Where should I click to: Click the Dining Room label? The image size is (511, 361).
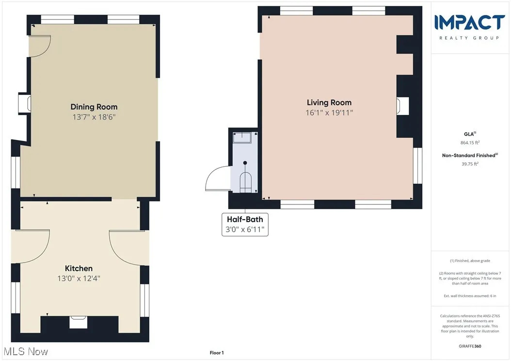[94, 107]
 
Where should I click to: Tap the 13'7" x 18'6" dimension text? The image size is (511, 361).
[94, 117]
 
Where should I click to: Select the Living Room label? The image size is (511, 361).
[329, 102]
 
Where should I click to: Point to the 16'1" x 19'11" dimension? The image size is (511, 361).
[329, 112]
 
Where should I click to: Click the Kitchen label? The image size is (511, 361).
[79, 268]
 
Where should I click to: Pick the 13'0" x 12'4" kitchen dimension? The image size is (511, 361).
[79, 278]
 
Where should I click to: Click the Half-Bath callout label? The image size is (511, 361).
[245, 220]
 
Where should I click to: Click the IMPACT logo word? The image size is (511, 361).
[469, 23]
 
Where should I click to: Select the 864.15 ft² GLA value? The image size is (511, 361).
[470, 142]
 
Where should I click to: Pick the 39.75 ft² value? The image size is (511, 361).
[470, 164]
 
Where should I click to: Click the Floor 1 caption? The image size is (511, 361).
[216, 353]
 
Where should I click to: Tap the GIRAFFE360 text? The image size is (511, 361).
[470, 346]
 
